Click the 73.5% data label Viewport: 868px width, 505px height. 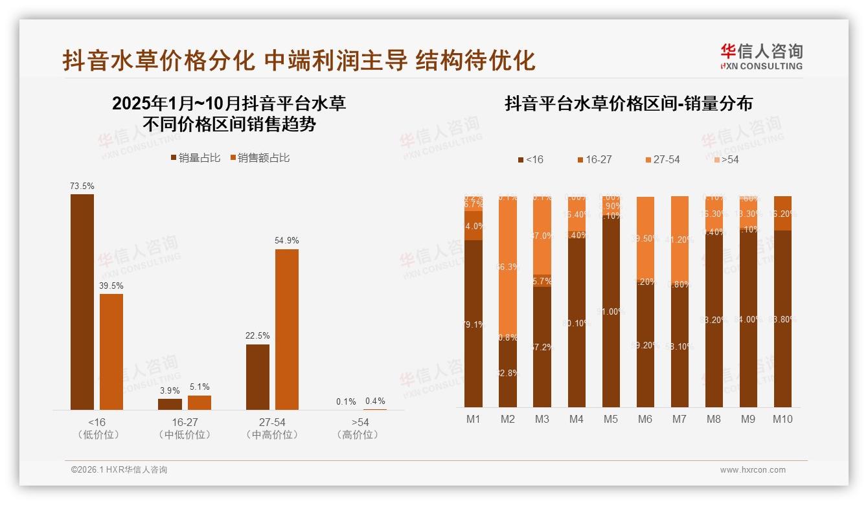point(82,186)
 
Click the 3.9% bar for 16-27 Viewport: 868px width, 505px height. point(170,404)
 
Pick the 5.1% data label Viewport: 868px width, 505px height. point(200,387)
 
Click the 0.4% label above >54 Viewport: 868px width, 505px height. point(375,401)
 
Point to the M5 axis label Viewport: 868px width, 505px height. point(610,419)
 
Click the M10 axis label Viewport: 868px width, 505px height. point(782,419)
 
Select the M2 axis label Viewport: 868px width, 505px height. point(508,419)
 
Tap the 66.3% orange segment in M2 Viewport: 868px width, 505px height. point(508,267)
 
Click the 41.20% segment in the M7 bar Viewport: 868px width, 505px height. point(680,240)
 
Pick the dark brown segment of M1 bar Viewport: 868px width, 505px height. point(474,324)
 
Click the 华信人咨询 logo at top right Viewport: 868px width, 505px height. point(761,56)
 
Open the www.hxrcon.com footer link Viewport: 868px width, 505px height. point(753,470)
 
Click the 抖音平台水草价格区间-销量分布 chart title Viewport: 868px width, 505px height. point(628,104)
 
